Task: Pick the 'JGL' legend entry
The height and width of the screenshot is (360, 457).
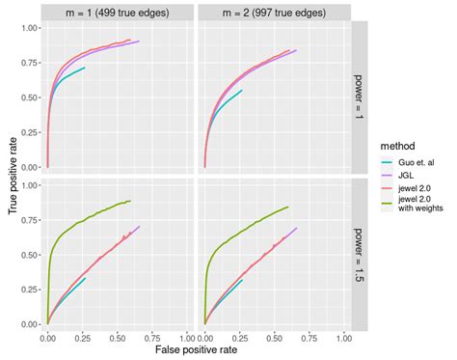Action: (x=404, y=176)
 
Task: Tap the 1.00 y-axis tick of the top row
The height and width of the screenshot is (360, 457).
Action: (x=30, y=27)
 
